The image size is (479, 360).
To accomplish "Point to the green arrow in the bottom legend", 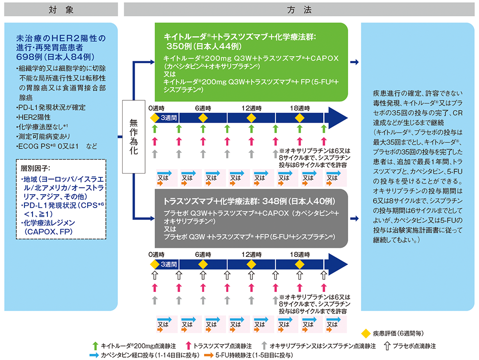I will click(x=95, y=345).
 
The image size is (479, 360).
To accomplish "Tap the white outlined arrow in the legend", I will click(x=387, y=345).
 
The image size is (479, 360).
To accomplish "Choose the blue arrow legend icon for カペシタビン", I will click(x=94, y=355).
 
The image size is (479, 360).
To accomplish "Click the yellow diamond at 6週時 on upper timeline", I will click(x=203, y=118).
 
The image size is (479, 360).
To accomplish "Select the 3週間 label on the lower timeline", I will click(x=169, y=264).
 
